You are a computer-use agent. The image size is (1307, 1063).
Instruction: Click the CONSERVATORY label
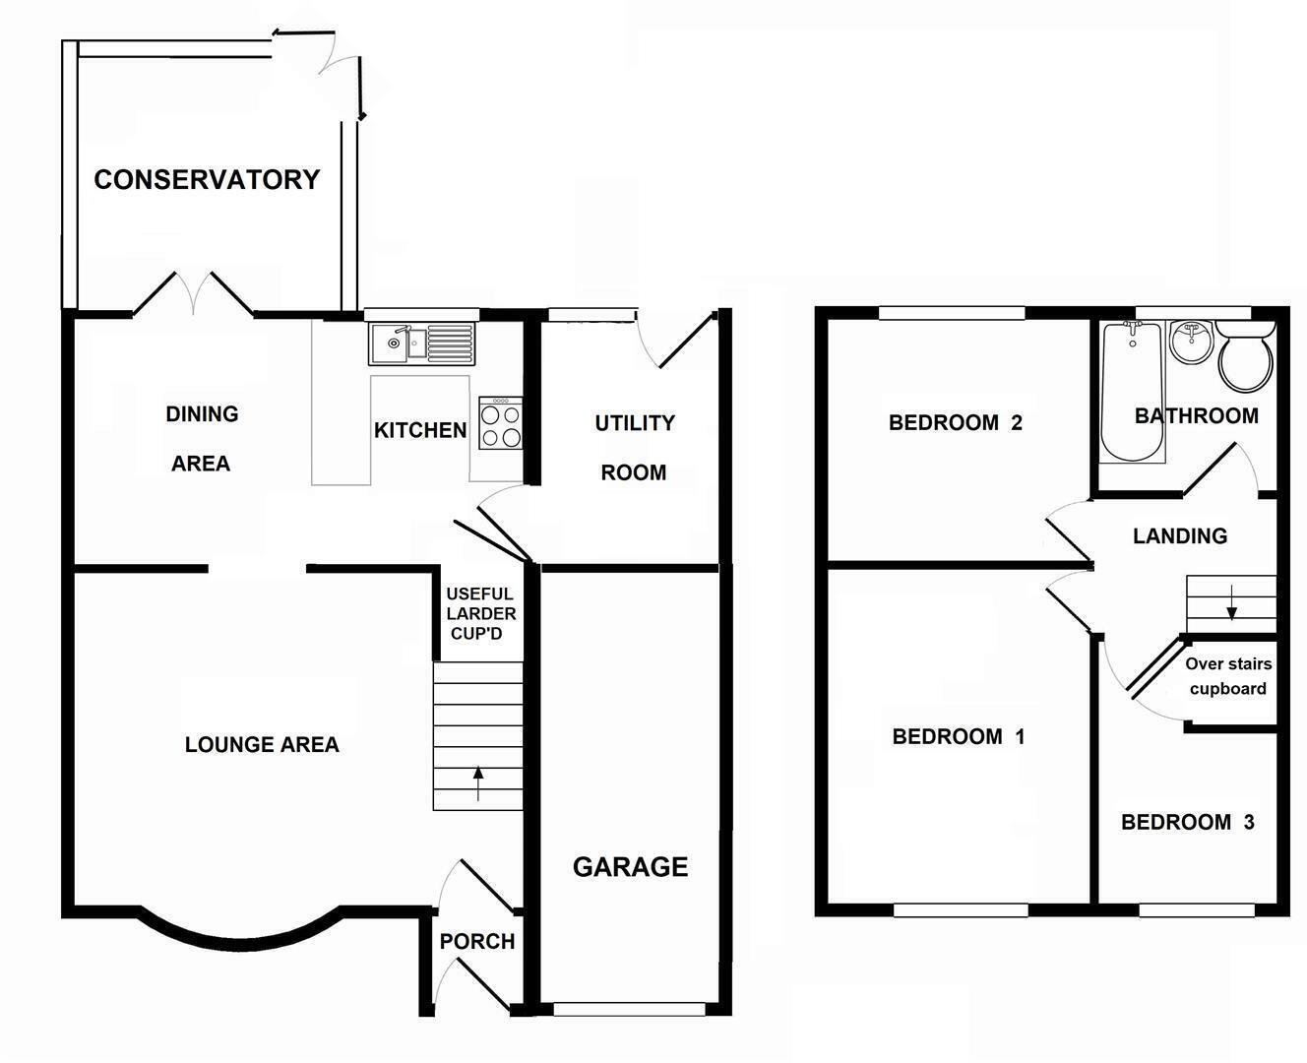[207, 179]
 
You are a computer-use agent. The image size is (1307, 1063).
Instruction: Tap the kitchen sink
[422, 343]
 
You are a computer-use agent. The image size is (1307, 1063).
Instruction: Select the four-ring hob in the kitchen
[500, 424]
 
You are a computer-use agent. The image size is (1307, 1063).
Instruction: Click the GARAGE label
[630, 867]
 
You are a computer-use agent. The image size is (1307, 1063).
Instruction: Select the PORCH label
[477, 942]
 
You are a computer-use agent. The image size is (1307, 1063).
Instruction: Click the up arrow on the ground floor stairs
[478, 783]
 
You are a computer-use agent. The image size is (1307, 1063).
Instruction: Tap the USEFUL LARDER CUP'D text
[479, 613]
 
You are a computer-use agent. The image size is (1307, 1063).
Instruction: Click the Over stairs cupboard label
[1228, 676]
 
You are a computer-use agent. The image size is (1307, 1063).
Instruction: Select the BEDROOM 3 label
[1188, 822]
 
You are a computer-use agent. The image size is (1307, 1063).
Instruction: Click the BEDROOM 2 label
[955, 423]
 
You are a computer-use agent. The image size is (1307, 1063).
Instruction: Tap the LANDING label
[1180, 536]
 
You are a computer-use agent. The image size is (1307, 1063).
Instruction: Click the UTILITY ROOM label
[634, 448]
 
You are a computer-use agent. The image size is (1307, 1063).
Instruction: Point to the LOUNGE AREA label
[262, 745]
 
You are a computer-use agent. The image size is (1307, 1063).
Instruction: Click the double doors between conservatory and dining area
[193, 293]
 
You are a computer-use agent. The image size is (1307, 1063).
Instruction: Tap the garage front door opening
[630, 1009]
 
